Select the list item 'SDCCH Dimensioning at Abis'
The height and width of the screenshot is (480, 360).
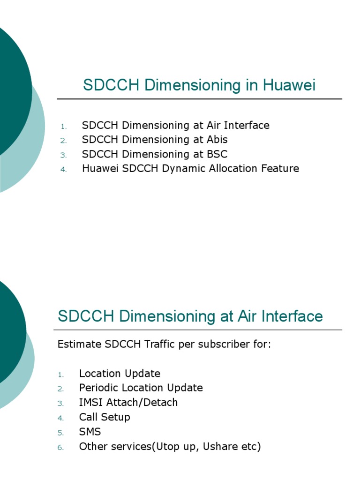tap(155, 140)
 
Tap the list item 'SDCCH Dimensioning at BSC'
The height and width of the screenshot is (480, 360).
tap(155, 154)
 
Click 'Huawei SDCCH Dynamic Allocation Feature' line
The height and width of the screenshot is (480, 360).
tap(190, 169)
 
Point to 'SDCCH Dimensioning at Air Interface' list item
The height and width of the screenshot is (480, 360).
tap(176, 126)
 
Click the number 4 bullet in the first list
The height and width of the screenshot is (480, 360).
tap(64, 170)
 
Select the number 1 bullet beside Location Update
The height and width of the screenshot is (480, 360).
tap(60, 375)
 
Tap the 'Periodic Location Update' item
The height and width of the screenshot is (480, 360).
tap(141, 388)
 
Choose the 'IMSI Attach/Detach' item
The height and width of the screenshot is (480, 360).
tap(128, 403)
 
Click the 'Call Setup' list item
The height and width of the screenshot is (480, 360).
tap(105, 417)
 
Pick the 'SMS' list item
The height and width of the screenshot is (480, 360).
tap(90, 432)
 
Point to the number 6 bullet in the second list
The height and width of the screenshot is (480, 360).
tap(60, 448)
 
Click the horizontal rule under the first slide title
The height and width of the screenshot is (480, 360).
tap(199, 99)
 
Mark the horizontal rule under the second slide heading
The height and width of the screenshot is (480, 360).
tap(199, 330)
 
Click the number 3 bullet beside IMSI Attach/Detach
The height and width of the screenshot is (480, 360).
tap(60, 404)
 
